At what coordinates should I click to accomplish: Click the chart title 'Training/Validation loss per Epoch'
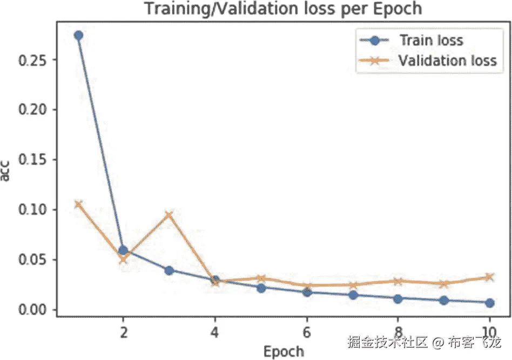(x=282, y=9)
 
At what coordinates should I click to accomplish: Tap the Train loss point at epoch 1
(x=78, y=35)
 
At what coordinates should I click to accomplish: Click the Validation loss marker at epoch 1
(x=78, y=204)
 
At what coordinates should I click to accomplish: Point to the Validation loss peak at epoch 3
(x=170, y=215)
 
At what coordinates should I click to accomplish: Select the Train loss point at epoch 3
(x=170, y=270)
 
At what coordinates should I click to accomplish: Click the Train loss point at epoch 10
(x=489, y=303)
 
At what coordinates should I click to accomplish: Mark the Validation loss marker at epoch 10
(x=489, y=277)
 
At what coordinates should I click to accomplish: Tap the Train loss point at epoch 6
(x=307, y=292)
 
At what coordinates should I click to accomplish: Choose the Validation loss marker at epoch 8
(x=398, y=281)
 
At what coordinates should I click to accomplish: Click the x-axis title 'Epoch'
(x=284, y=351)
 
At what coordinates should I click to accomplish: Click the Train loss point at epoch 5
(x=261, y=288)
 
